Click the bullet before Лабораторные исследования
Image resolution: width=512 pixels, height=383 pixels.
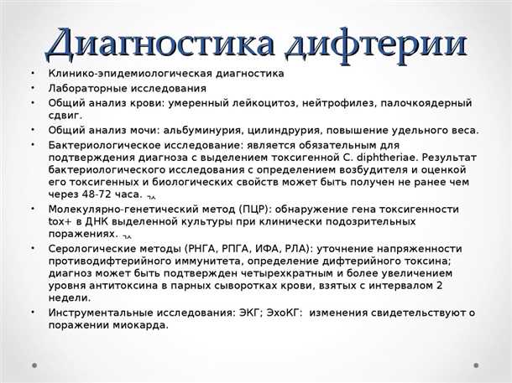[31, 87]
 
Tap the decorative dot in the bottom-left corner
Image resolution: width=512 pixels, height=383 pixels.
[35, 365]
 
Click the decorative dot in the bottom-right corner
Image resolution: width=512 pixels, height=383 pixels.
[477, 365]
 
